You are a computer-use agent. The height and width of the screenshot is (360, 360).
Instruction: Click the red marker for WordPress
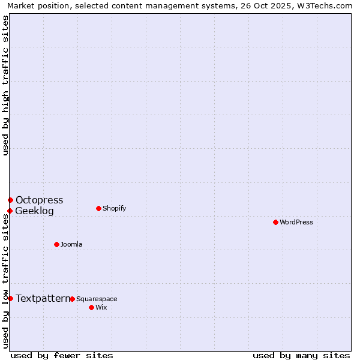pyautogui.click(x=275, y=222)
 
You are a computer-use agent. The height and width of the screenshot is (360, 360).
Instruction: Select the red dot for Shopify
pyautogui.click(x=98, y=208)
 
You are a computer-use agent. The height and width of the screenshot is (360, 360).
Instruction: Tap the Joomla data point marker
pyautogui.click(x=56, y=244)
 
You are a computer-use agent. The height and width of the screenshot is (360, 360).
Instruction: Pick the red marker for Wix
pyautogui.click(x=91, y=307)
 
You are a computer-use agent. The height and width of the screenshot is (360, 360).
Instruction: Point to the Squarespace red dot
pyautogui.click(x=72, y=299)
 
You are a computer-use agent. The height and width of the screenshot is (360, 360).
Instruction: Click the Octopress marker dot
pyautogui.click(x=10, y=200)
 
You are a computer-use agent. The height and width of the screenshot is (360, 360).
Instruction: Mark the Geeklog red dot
pyautogui.click(x=10, y=211)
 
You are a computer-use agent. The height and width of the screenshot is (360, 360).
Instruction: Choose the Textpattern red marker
pyautogui.click(x=10, y=298)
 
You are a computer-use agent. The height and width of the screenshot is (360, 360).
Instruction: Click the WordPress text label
pyautogui.click(x=296, y=222)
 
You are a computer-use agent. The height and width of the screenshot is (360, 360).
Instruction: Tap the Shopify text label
pyautogui.click(x=114, y=208)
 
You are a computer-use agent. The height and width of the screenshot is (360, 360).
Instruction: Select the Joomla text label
pyautogui.click(x=71, y=244)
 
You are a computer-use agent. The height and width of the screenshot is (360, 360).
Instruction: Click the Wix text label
pyautogui.click(x=101, y=307)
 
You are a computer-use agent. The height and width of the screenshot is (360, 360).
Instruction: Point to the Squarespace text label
pyautogui.click(x=97, y=299)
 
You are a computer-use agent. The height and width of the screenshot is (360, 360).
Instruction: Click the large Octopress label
pyautogui.click(x=39, y=200)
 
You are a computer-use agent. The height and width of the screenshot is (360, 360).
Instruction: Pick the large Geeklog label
pyautogui.click(x=34, y=211)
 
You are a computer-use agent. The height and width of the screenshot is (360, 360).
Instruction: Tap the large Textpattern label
pyautogui.click(x=43, y=298)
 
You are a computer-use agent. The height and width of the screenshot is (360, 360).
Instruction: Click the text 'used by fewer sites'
pyautogui.click(x=62, y=355)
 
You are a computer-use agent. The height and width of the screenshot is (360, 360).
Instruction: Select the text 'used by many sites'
pyautogui.click(x=301, y=355)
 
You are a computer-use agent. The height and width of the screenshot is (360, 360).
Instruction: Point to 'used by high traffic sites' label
pyautogui.click(x=6, y=85)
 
